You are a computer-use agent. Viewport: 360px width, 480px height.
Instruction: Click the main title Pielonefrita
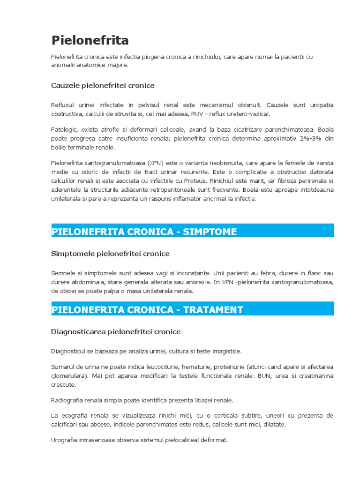[90, 40]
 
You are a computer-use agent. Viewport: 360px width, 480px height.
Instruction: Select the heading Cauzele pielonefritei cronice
[103, 85]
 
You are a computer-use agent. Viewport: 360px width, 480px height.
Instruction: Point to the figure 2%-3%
[307, 138]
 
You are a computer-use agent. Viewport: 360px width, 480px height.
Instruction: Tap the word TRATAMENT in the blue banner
[213, 309]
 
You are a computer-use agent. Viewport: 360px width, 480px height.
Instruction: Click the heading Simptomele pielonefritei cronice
[110, 254]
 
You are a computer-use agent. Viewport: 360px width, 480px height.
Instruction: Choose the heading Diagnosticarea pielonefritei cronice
[115, 331]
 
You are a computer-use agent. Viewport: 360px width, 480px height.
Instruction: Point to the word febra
[271, 273]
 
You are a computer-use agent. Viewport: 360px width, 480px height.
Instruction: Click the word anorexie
[195, 282]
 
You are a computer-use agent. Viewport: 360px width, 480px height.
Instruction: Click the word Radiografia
[68, 400]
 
